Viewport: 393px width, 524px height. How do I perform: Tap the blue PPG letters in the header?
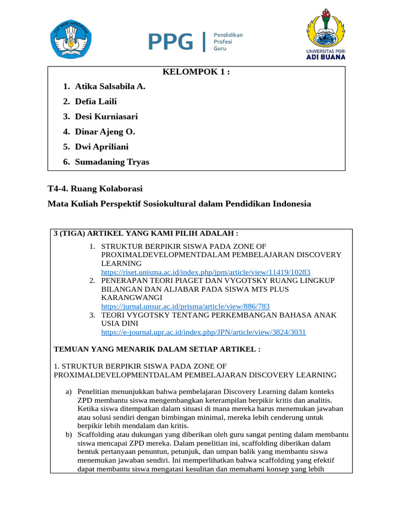point(171,42)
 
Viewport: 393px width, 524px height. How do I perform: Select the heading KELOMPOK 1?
point(196,72)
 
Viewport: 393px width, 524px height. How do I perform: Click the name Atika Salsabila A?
point(110,86)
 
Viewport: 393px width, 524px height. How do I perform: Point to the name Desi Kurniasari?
point(106,117)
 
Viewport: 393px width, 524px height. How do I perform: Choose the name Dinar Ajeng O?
point(105,132)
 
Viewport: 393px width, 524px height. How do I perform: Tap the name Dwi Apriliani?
point(102,147)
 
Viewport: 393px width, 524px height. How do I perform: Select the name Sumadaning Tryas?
point(112,162)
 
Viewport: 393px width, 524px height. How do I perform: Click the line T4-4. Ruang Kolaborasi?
point(95,189)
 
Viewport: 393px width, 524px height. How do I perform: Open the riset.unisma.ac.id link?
point(206,272)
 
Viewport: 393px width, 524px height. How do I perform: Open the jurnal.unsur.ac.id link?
point(185,306)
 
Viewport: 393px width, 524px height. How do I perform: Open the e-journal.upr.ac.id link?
point(204,332)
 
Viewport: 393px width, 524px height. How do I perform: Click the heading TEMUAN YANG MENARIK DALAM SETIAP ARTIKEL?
point(157,349)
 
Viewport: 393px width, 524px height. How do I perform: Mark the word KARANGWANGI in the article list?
point(132,297)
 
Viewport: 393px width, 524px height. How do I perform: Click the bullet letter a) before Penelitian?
point(69,391)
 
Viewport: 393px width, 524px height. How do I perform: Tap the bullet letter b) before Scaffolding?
point(69,434)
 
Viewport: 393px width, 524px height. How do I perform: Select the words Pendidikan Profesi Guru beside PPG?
point(228,41)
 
